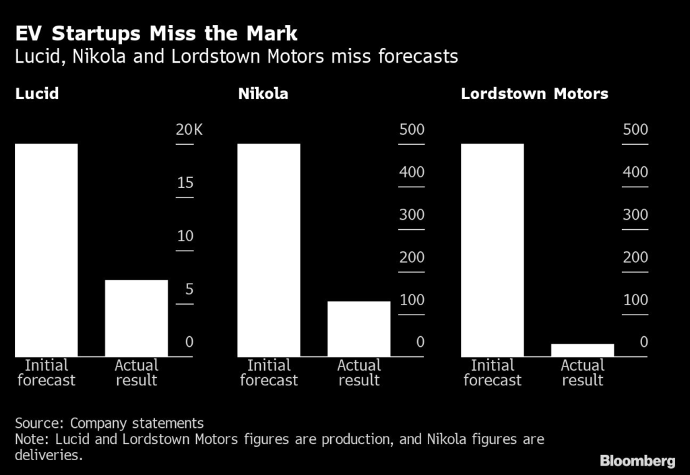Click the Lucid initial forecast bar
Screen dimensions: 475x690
(x=46, y=250)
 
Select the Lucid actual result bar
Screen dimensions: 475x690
(x=136, y=318)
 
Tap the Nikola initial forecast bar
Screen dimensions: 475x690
(x=269, y=250)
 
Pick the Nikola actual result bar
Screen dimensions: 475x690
(x=358, y=329)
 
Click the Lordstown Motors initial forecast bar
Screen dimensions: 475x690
(x=492, y=250)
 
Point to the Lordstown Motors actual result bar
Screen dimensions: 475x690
(x=582, y=350)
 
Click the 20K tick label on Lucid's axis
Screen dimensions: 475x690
(x=189, y=129)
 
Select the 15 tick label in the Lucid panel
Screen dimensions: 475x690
(x=185, y=183)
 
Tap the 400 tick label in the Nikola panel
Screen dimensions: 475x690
(x=412, y=172)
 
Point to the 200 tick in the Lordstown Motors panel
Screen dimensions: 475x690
(x=635, y=257)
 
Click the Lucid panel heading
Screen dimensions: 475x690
(x=37, y=94)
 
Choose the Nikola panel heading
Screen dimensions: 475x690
(x=263, y=94)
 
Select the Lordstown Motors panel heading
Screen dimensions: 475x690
(x=534, y=94)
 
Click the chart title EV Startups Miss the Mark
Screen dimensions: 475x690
(x=156, y=34)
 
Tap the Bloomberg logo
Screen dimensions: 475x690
(x=637, y=461)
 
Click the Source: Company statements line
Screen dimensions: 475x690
(x=109, y=423)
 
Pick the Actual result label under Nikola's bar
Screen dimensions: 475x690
(x=358, y=373)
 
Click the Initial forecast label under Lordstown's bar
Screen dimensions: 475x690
(x=492, y=373)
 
